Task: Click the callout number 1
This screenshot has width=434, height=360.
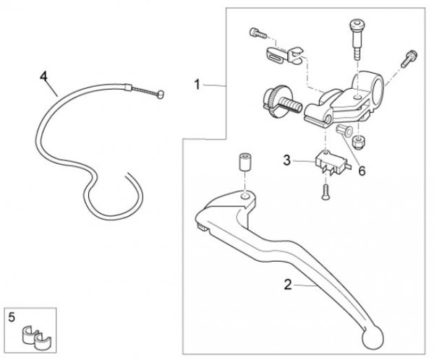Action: point(197,85)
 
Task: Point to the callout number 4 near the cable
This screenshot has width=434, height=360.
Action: point(43,74)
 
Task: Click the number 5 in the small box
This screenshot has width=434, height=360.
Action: point(12,315)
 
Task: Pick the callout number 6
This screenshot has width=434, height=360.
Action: point(362,171)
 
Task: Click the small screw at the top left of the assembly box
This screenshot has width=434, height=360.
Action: point(255,32)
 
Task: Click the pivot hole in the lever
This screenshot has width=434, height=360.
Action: point(247,195)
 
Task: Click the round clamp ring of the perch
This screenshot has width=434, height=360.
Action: point(365,85)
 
